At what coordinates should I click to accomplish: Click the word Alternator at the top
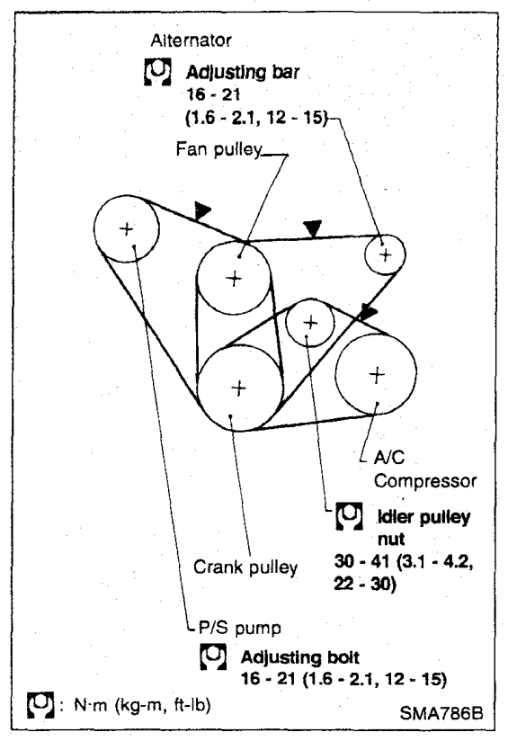(191, 40)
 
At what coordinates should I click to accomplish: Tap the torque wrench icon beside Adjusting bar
(157, 72)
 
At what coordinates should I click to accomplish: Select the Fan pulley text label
(218, 149)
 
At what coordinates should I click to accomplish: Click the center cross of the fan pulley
(235, 279)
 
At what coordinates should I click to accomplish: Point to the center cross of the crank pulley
(239, 388)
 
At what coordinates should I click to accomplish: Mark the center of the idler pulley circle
(310, 323)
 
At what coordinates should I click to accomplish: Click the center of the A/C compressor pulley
(376, 375)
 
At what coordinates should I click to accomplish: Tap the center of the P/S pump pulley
(127, 229)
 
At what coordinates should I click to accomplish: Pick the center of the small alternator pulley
(386, 254)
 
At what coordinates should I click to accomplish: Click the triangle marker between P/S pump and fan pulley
(201, 210)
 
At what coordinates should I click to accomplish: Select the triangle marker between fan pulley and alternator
(313, 228)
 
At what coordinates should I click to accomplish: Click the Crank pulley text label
(245, 567)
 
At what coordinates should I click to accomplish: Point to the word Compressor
(425, 481)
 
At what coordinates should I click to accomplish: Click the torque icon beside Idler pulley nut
(349, 515)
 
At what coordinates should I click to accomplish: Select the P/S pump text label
(239, 628)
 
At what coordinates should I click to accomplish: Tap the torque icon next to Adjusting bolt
(213, 656)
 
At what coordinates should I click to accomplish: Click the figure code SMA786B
(441, 713)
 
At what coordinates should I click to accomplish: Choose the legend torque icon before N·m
(40, 706)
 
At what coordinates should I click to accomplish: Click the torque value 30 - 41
(361, 561)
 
